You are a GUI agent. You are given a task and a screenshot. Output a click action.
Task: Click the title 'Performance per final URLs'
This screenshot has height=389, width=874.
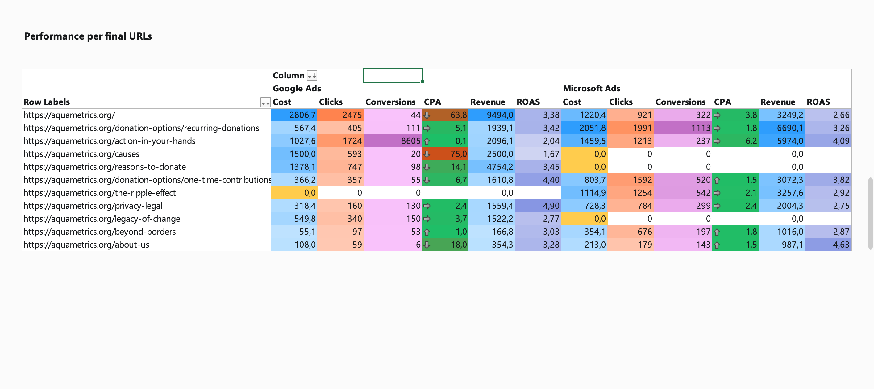pos(88,36)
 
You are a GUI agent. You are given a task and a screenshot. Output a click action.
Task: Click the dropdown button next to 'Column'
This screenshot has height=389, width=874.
pos(312,75)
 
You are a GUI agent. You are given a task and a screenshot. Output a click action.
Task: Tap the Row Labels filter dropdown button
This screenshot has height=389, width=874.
pos(265,102)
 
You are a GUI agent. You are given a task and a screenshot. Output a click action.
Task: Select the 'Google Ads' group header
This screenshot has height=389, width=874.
pos(297,89)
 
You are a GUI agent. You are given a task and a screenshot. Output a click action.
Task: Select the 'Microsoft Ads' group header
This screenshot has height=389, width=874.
pos(591,89)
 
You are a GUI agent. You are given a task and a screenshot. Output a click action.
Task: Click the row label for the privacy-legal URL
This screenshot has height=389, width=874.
pos(93,206)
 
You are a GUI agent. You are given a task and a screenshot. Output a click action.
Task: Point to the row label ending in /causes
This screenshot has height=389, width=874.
pos(81,154)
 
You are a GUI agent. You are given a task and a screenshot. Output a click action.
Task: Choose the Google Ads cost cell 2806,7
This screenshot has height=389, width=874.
pos(294,115)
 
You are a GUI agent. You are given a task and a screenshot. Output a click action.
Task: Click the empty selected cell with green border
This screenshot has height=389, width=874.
pos(393,75)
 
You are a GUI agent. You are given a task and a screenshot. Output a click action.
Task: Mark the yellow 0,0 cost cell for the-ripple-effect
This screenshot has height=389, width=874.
pos(294,193)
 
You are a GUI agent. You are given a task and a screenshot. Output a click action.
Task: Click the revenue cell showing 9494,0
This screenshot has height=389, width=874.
pos(492,115)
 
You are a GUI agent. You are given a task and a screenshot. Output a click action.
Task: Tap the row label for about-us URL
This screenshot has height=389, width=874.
pos(86,245)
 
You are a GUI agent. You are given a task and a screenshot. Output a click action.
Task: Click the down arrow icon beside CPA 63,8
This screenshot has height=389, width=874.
pos(427,115)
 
